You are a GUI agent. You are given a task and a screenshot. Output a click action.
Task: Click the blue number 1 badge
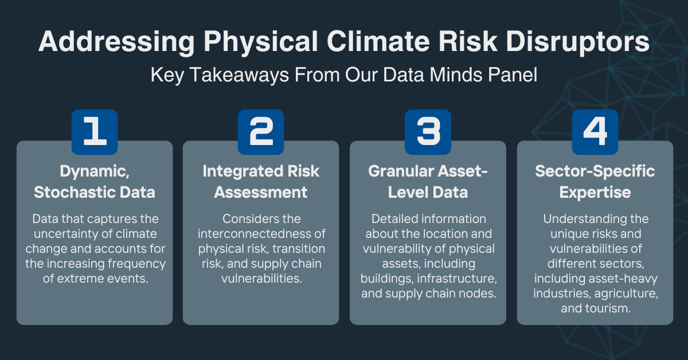pyautogui.click(x=95, y=132)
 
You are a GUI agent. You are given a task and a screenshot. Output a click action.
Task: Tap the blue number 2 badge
pyautogui.click(x=261, y=132)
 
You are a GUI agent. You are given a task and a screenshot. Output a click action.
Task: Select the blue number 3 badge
pyautogui.click(x=428, y=132)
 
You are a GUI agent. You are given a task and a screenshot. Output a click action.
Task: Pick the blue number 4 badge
pyautogui.click(x=595, y=132)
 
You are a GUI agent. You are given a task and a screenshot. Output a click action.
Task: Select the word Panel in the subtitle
pyautogui.click(x=509, y=75)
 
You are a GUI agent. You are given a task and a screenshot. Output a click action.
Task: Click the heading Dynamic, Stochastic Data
pyautogui.click(x=95, y=182)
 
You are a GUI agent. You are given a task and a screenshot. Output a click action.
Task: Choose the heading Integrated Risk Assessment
pyautogui.click(x=261, y=182)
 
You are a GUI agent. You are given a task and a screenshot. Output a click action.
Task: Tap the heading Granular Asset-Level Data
pyautogui.click(x=428, y=182)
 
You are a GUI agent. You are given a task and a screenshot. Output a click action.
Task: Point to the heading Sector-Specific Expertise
pyautogui.click(x=595, y=182)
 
